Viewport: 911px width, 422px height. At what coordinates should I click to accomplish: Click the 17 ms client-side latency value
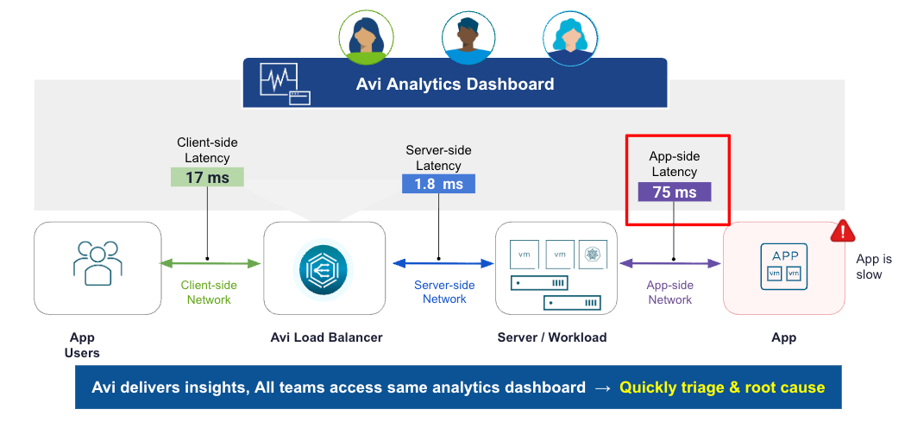click(x=207, y=177)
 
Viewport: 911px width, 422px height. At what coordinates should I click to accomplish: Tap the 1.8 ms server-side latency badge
click(x=438, y=184)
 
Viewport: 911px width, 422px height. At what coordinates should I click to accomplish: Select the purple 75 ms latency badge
click(x=674, y=192)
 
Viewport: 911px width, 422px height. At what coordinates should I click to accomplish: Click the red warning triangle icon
click(x=843, y=232)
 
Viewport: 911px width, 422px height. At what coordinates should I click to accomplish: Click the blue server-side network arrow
click(x=443, y=264)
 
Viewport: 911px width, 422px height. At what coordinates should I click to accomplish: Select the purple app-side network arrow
click(x=670, y=264)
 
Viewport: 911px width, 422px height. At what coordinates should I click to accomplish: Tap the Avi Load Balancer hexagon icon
click(x=323, y=268)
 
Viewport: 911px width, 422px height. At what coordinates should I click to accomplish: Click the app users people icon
click(x=97, y=262)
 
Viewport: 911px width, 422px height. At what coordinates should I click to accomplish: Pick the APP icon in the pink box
click(x=783, y=266)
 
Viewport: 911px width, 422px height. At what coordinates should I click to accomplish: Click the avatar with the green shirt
click(x=366, y=36)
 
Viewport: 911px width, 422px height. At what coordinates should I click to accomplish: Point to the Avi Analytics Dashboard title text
click(x=455, y=85)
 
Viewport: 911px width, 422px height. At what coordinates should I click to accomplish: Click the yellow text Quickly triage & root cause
click(x=722, y=387)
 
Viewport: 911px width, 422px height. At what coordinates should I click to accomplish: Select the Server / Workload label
click(x=552, y=337)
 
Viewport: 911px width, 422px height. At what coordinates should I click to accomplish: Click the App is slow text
click(x=873, y=267)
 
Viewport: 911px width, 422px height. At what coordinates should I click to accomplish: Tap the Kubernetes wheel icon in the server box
click(x=592, y=254)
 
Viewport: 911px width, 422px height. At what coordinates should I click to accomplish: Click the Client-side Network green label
click(x=209, y=293)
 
